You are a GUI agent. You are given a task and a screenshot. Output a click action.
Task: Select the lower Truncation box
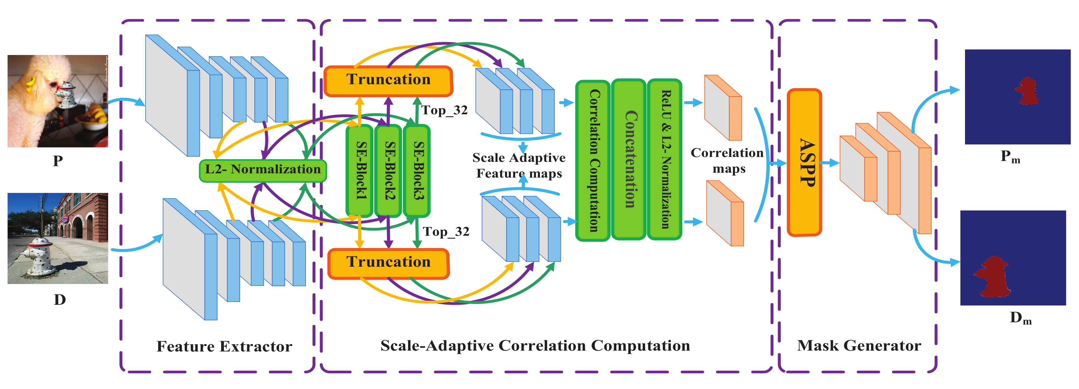coord(388,263)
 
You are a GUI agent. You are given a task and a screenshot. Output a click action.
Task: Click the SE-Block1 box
coord(359,170)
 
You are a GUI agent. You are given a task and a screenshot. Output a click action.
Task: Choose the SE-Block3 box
coord(416,170)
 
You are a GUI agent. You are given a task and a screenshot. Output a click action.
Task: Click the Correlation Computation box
coord(593,160)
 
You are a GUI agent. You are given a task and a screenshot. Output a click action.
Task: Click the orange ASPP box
coord(804,162)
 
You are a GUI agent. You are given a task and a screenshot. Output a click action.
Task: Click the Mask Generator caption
coord(859,346)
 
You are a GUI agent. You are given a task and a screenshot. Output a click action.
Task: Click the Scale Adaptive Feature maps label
coord(519,165)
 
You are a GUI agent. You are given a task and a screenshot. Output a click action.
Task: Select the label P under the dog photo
coord(58,161)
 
